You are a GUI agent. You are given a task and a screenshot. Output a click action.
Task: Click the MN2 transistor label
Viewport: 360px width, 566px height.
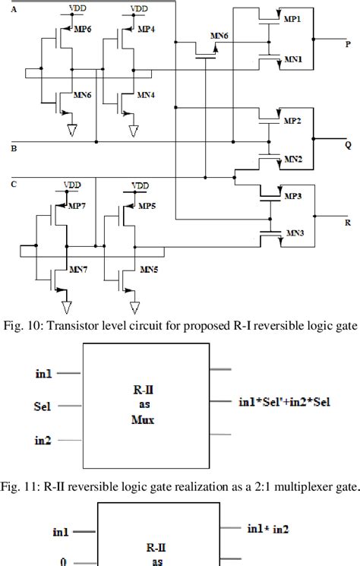point(294,160)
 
